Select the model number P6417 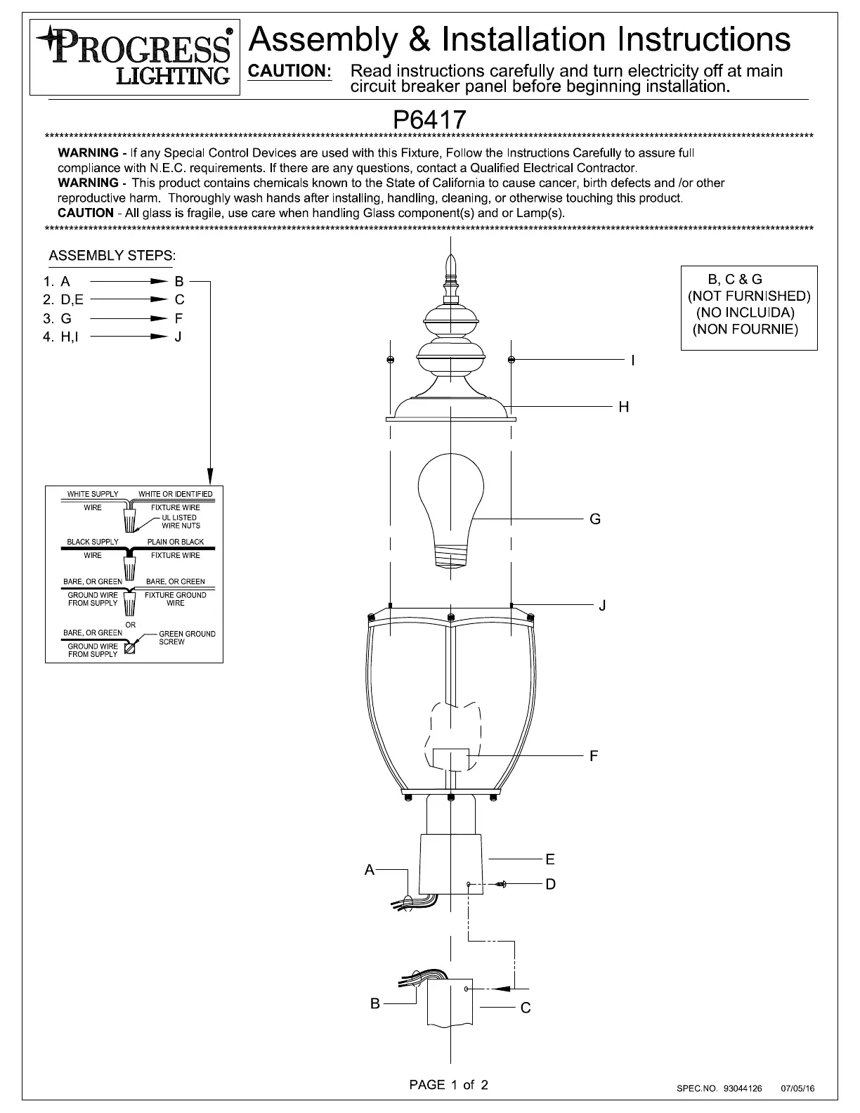click(429, 119)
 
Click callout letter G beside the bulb click(595, 519)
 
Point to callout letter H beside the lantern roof click(623, 407)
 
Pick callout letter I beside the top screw click(632, 360)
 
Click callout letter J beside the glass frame click(602, 605)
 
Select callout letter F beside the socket click(594, 756)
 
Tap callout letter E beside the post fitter click(550, 859)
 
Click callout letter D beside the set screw click(550, 884)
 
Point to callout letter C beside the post click(526, 1008)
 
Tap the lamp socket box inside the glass click(450, 759)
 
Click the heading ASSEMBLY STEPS click(112, 256)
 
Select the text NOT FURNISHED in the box click(749, 296)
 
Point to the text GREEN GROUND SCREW click(186, 637)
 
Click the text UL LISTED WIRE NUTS click(181, 521)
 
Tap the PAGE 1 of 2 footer click(448, 1084)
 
